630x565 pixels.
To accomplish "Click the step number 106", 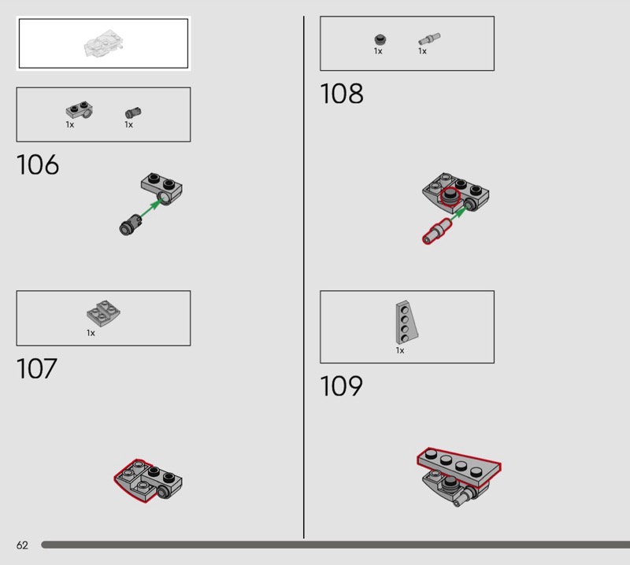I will (37, 165).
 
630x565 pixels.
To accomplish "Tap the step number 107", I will (37, 368).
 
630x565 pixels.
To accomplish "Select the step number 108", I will (341, 94).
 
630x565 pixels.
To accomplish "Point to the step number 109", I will (341, 386).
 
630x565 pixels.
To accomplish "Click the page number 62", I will (22, 545).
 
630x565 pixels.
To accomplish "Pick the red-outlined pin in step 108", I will (436, 231).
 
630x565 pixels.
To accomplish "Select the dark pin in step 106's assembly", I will (130, 224).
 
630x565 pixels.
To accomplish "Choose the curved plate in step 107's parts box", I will (103, 313).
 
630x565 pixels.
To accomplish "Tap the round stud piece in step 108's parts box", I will (379, 39).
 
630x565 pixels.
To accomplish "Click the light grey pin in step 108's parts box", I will (429, 38).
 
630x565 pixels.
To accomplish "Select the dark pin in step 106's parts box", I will (133, 113).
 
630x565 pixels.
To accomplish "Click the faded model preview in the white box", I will (102, 43).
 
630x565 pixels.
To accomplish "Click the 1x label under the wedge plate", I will (400, 351).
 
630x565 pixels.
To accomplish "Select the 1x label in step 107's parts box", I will (91, 333).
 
